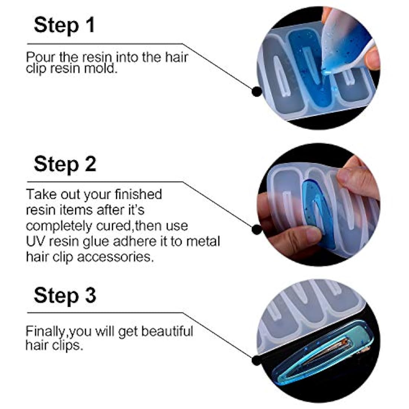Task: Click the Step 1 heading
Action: pyautogui.click(x=64, y=25)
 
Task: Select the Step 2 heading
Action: pyautogui.click(x=65, y=164)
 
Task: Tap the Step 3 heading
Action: pyautogui.click(x=65, y=295)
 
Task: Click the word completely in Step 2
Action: pyautogui.click(x=59, y=226)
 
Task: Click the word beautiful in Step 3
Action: pyautogui.click(x=167, y=331)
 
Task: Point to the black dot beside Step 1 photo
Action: pyautogui.click(x=257, y=91)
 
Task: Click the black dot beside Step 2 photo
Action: pyautogui.click(x=257, y=229)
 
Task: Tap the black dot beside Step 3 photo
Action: pyautogui.click(x=257, y=360)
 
